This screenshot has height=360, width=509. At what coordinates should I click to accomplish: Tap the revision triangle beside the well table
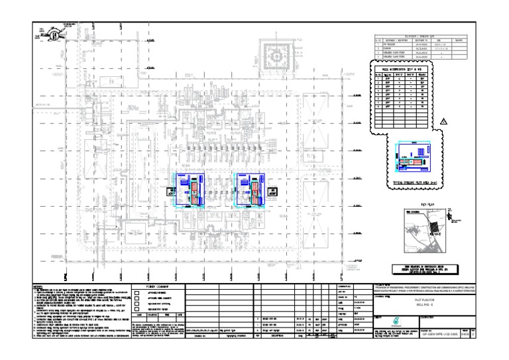(444, 119)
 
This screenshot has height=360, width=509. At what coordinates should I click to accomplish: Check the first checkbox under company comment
(137, 291)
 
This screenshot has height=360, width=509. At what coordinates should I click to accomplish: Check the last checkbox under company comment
(137, 310)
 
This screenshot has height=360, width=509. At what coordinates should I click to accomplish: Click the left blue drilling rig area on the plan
(192, 190)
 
